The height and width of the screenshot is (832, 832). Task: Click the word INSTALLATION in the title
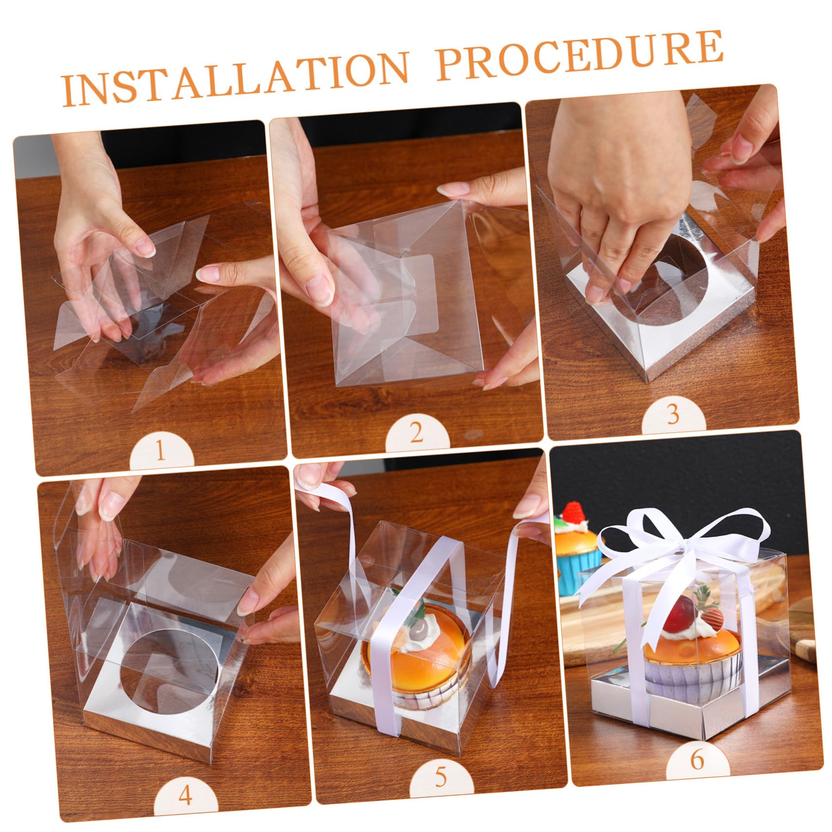234,78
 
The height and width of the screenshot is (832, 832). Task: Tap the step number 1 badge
161,452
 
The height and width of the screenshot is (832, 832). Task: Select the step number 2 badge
416,433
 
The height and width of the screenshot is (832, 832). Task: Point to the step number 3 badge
673,415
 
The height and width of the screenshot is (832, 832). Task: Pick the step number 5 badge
440,778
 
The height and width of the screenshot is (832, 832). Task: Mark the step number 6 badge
697,759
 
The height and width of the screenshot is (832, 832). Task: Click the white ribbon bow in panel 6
681,540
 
